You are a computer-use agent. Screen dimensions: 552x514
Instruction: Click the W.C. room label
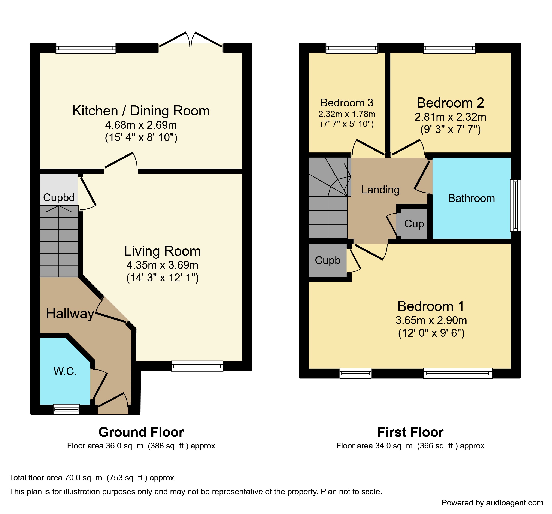(65, 371)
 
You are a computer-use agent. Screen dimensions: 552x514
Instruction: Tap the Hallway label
(70, 314)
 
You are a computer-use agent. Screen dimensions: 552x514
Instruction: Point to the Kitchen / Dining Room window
(86, 48)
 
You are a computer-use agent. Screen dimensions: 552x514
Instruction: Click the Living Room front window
(197, 366)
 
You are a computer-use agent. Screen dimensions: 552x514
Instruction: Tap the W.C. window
(66, 409)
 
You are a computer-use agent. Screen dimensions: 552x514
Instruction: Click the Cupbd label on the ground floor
(59, 198)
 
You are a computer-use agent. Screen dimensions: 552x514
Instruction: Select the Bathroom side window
(515, 205)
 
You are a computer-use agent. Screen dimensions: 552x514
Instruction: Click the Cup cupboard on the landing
(414, 224)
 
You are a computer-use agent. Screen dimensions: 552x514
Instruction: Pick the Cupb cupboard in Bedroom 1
(328, 260)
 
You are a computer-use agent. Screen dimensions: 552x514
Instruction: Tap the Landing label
(380, 190)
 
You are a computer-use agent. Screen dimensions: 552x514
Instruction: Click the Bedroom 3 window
(352, 48)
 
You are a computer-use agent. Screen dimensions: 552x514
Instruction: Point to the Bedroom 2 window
(449, 48)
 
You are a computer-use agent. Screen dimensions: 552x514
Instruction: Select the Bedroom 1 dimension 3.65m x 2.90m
(431, 320)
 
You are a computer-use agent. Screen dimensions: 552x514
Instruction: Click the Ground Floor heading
(141, 432)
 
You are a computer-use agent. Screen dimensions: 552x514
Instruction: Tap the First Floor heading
(410, 432)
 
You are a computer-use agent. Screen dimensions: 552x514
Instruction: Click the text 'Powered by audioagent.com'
(492, 503)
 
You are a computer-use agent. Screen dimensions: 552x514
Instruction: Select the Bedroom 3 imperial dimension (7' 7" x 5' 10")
(347, 124)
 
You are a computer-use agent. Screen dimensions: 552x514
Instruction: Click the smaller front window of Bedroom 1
(355, 373)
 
